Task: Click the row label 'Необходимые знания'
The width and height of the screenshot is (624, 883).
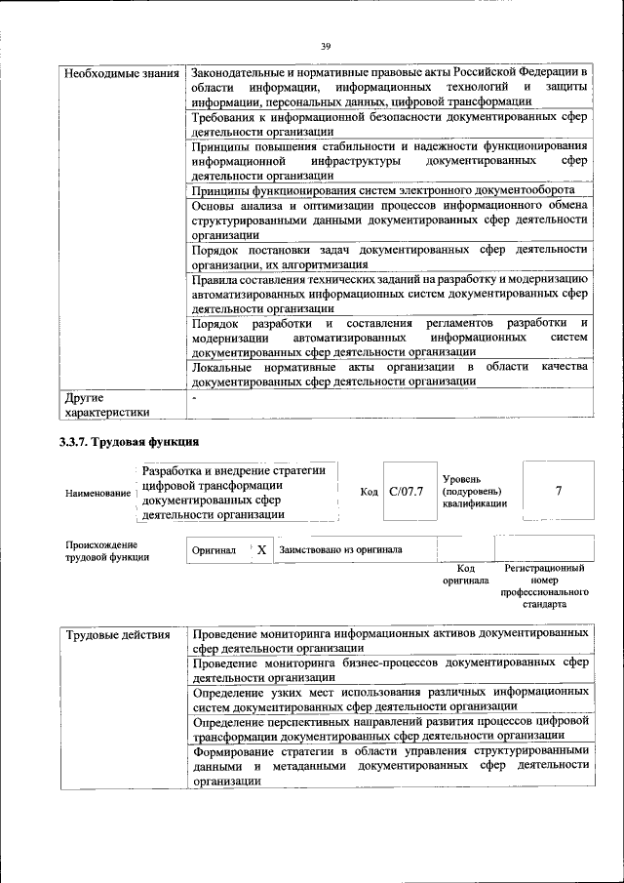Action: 120,74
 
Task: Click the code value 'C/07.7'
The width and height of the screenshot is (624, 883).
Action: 406,491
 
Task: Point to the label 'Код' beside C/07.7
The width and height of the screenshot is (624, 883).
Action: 369,491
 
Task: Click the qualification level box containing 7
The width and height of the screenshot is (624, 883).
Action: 558,491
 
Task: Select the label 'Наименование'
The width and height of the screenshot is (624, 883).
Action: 97,494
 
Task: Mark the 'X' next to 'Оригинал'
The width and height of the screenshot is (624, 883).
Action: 261,549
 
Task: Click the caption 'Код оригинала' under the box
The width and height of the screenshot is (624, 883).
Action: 465,574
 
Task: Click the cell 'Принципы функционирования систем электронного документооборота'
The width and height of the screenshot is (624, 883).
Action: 382,190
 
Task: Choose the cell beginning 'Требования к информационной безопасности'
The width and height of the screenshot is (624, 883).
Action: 390,124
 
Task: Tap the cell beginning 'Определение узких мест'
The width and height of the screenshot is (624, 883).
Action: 390,698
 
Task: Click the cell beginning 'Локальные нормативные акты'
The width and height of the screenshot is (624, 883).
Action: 390,374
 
